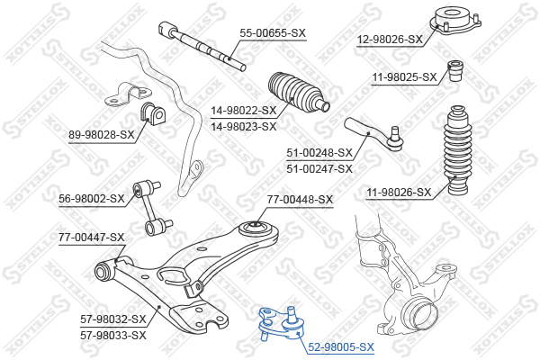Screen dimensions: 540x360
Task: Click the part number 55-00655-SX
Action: (273, 33)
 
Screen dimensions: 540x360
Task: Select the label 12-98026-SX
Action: (390, 40)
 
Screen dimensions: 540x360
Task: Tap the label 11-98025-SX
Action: (404, 77)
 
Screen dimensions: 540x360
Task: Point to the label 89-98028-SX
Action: (102, 134)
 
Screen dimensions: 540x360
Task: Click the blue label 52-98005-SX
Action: (341, 346)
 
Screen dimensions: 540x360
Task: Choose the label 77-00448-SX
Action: (300, 200)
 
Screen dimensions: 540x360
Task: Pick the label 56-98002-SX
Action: (92, 199)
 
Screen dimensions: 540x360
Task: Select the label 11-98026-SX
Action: (399, 193)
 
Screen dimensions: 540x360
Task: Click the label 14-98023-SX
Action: (244, 127)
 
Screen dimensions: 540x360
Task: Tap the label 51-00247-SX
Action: (319, 169)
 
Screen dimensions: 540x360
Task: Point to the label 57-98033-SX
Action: (113, 335)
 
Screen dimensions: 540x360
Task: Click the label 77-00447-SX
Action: (92, 238)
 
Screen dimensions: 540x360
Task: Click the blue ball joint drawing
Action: (282, 324)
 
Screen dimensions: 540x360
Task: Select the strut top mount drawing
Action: (455, 21)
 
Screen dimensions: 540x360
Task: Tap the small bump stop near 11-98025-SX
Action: (455, 71)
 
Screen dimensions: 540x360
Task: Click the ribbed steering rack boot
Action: (298, 92)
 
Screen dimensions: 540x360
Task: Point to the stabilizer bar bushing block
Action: (153, 112)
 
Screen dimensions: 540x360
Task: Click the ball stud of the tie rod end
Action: (395, 139)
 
